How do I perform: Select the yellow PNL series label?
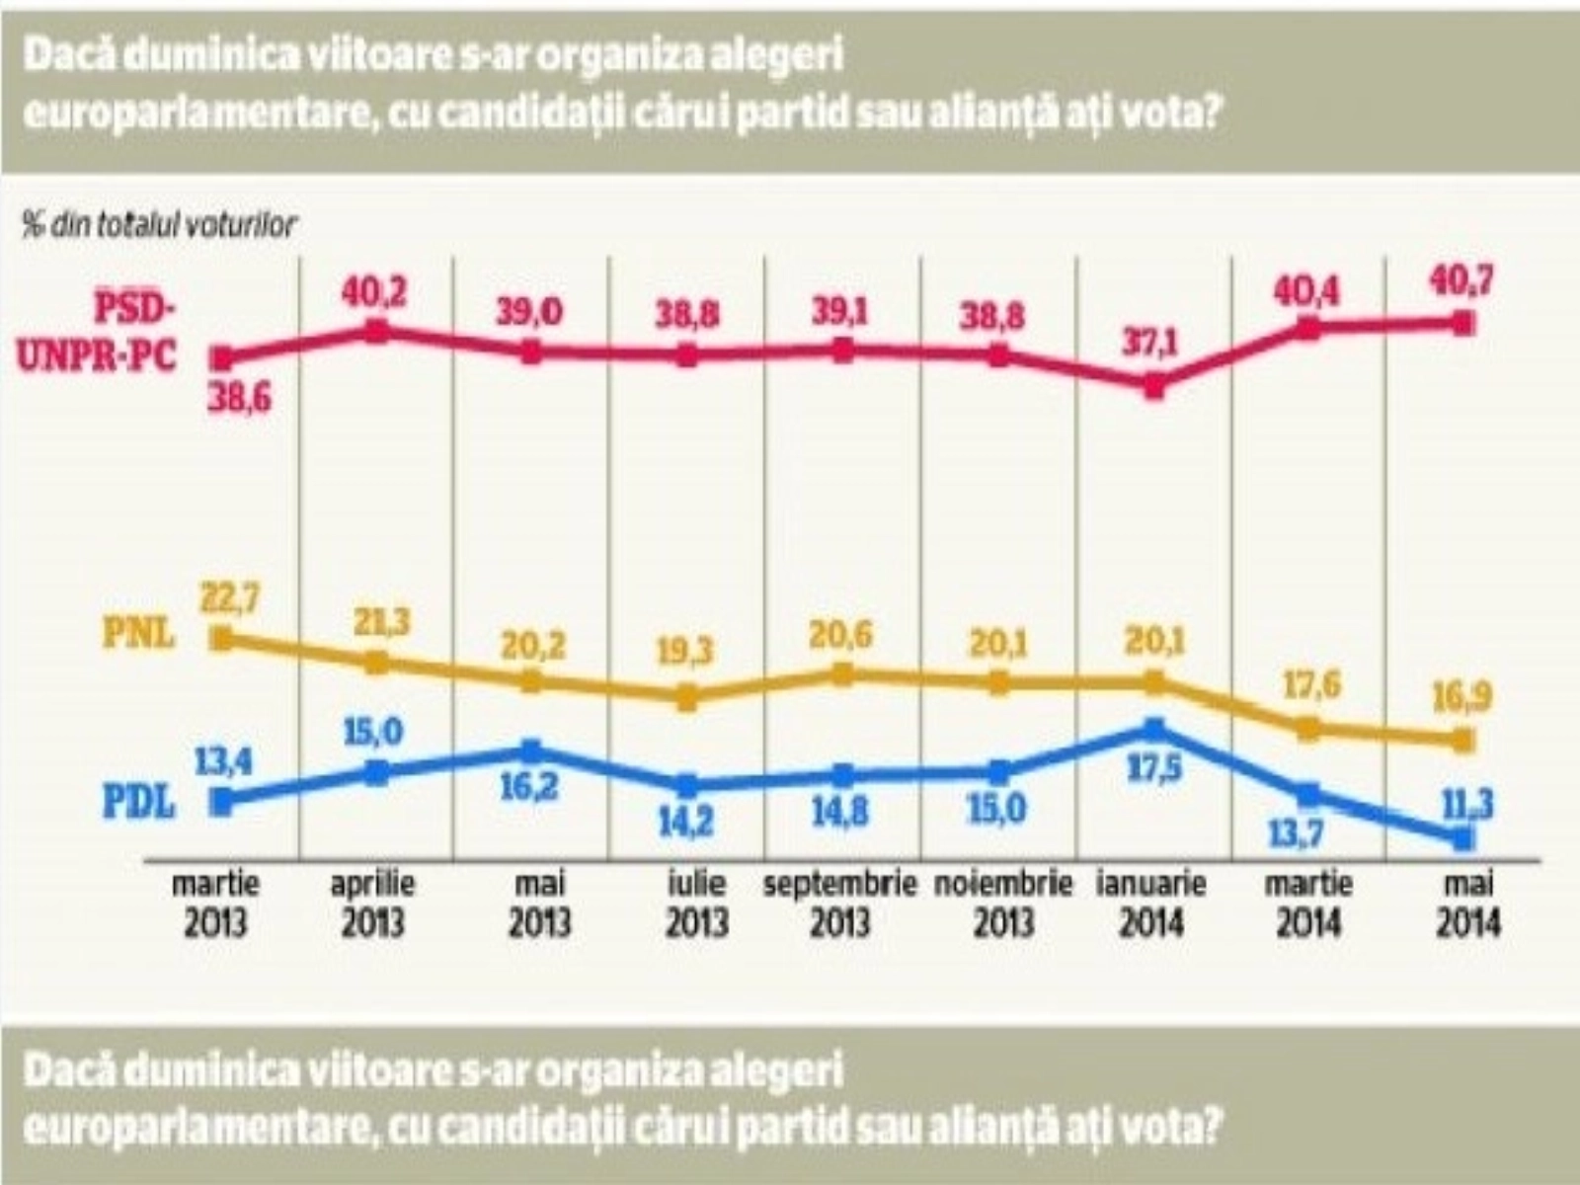pyautogui.click(x=139, y=633)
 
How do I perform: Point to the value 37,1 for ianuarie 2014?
pyautogui.click(x=1149, y=346)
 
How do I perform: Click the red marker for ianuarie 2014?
pyautogui.click(x=1154, y=387)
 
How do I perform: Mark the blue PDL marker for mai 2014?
pyautogui.click(x=1464, y=838)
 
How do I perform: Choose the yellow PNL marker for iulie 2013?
pyautogui.click(x=688, y=698)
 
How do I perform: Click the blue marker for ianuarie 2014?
pyautogui.click(x=1154, y=730)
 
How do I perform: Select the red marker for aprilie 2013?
pyautogui.click(x=376, y=331)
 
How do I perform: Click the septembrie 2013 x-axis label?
pyautogui.click(x=840, y=903)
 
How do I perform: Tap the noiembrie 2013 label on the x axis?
pyautogui.click(x=1003, y=903)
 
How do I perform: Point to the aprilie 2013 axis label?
pyautogui.click(x=372, y=903)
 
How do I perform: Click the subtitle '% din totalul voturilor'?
pyautogui.click(x=159, y=225)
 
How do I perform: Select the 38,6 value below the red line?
pyautogui.click(x=238, y=398)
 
